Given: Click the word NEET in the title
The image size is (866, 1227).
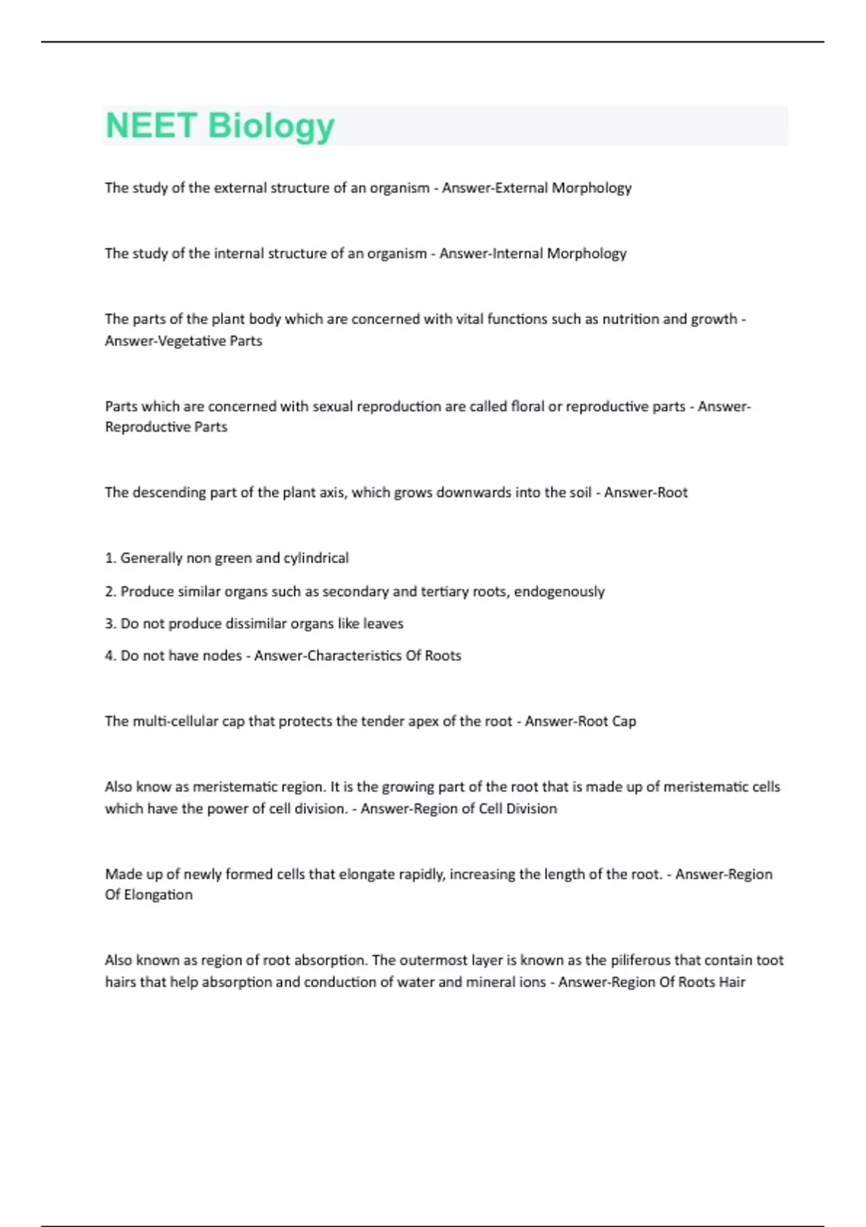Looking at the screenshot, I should click(x=152, y=126).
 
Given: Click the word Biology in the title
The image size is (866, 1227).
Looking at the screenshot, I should click(x=271, y=127).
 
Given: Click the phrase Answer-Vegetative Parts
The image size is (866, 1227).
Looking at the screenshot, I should click(x=183, y=341).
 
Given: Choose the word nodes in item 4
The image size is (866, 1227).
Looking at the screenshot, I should click(x=222, y=656).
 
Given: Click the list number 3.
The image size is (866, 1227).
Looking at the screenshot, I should click(x=110, y=624).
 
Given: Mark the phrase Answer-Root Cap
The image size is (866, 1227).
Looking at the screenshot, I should click(x=580, y=721).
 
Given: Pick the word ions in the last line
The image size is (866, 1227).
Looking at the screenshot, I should click(x=533, y=982).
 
